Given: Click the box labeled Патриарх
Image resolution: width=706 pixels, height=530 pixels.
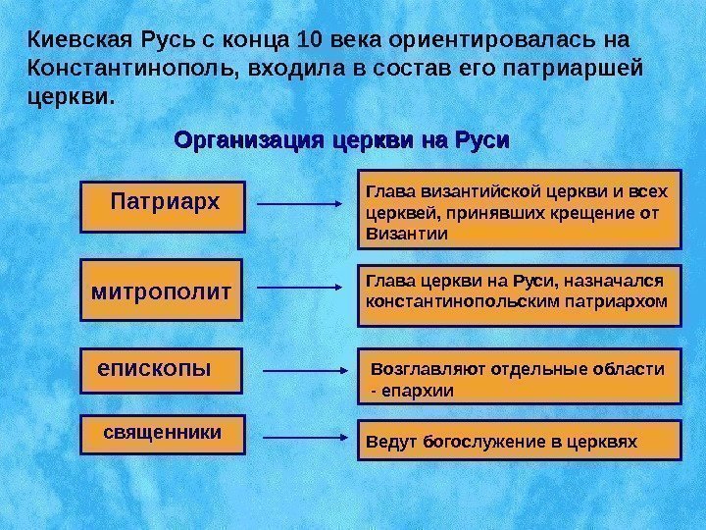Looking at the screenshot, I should (x=164, y=205).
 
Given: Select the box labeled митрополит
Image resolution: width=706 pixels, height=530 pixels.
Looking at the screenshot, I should (x=162, y=291).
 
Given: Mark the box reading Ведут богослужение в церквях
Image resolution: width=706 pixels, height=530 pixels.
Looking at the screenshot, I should (x=517, y=441).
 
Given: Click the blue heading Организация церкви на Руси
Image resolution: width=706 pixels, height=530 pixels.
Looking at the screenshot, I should (x=342, y=140).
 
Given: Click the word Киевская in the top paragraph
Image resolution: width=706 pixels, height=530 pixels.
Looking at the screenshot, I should (x=71, y=42).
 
